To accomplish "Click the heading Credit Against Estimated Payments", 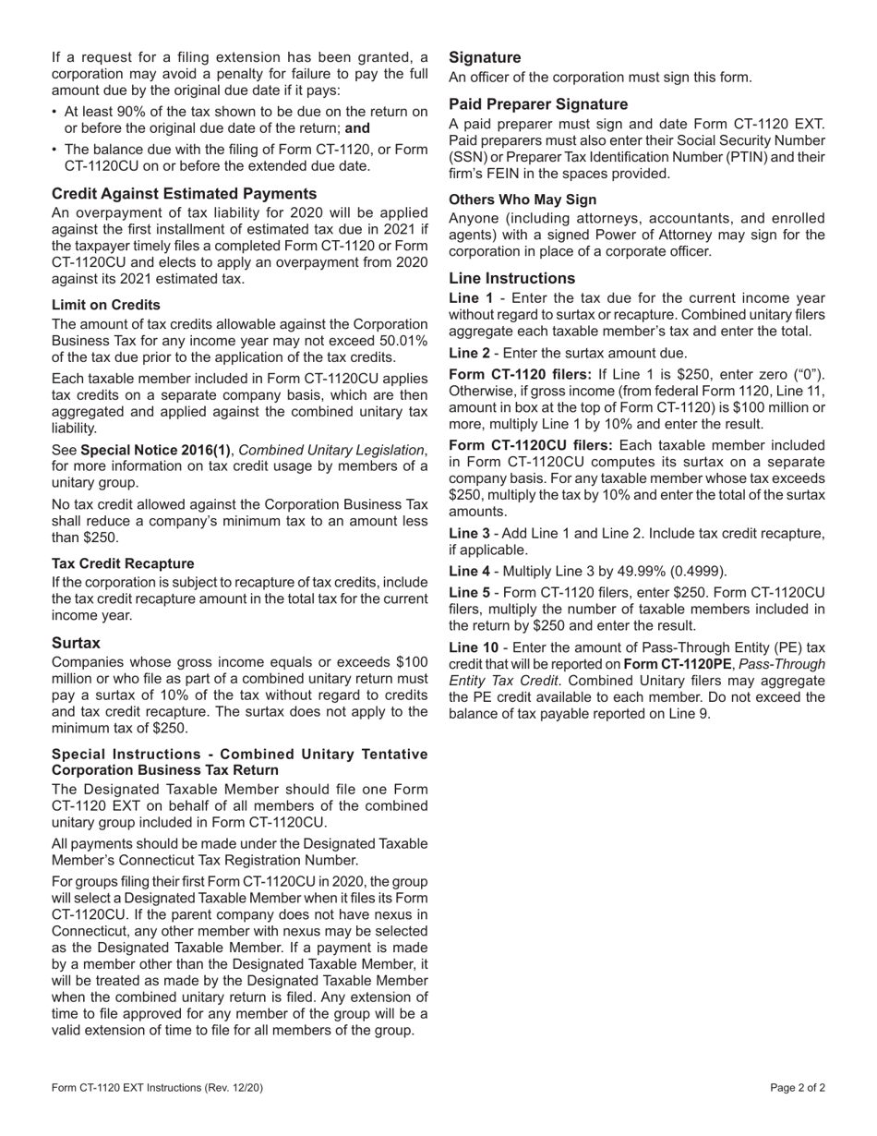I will point(184,193).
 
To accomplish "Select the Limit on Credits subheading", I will point(105,305).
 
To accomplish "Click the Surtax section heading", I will point(76,642).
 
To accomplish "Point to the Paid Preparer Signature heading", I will point(538,104).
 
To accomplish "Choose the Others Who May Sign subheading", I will point(523,199).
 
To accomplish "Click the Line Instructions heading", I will point(511,278).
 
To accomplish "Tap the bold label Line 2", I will point(471,353).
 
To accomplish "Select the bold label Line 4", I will point(471,571).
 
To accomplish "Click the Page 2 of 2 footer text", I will point(798,1088).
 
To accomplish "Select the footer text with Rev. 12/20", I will point(157,1088).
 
